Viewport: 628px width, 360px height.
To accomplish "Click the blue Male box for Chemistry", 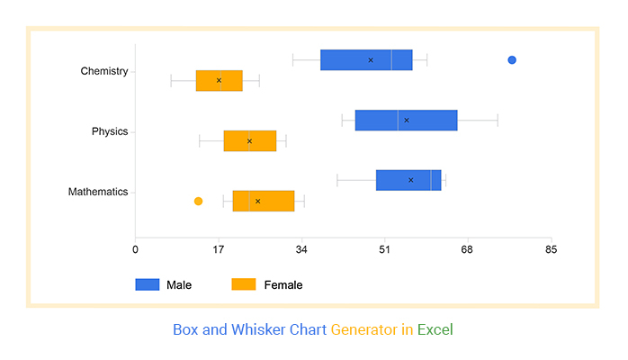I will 366,60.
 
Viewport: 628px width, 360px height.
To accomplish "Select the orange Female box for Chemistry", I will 220,81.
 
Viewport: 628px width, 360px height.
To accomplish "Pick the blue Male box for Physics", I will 406,121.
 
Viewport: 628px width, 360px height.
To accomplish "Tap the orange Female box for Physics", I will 250,141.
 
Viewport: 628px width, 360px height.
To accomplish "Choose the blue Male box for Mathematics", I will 408,180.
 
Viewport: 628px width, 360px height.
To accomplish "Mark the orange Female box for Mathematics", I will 264,201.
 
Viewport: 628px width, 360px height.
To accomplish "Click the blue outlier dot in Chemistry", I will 512,60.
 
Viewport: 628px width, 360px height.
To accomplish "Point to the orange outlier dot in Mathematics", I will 198,201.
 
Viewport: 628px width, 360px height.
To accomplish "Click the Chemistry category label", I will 104,71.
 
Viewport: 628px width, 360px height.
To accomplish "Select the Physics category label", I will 110,131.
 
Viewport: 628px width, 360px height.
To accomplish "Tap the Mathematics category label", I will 98,192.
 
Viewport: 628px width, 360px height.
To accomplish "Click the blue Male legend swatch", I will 147,284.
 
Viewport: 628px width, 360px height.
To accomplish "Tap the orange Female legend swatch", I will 244,284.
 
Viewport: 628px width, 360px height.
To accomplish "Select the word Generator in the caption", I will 363,330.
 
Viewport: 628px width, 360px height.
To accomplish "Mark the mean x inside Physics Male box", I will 407,121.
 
